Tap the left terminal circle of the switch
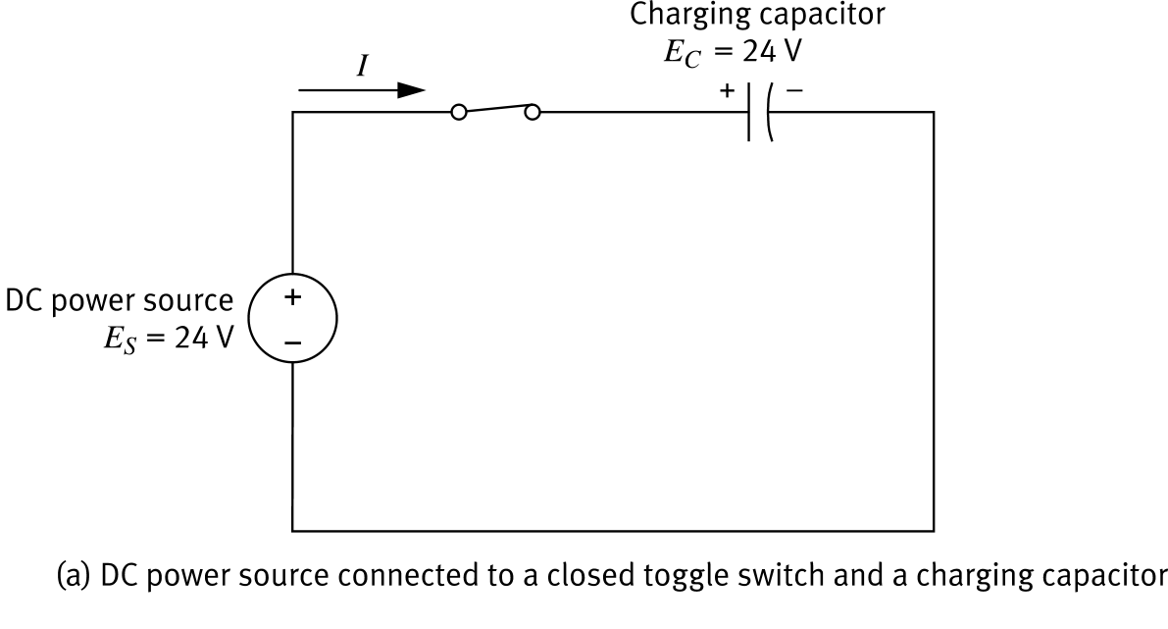click(x=457, y=113)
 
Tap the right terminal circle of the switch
click(x=533, y=113)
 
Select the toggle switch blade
click(x=494, y=107)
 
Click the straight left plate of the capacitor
click(x=749, y=112)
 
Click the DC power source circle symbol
click(x=293, y=319)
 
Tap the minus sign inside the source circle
click(x=293, y=342)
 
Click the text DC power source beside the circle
click(x=120, y=300)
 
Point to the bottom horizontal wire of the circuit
click(x=613, y=531)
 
